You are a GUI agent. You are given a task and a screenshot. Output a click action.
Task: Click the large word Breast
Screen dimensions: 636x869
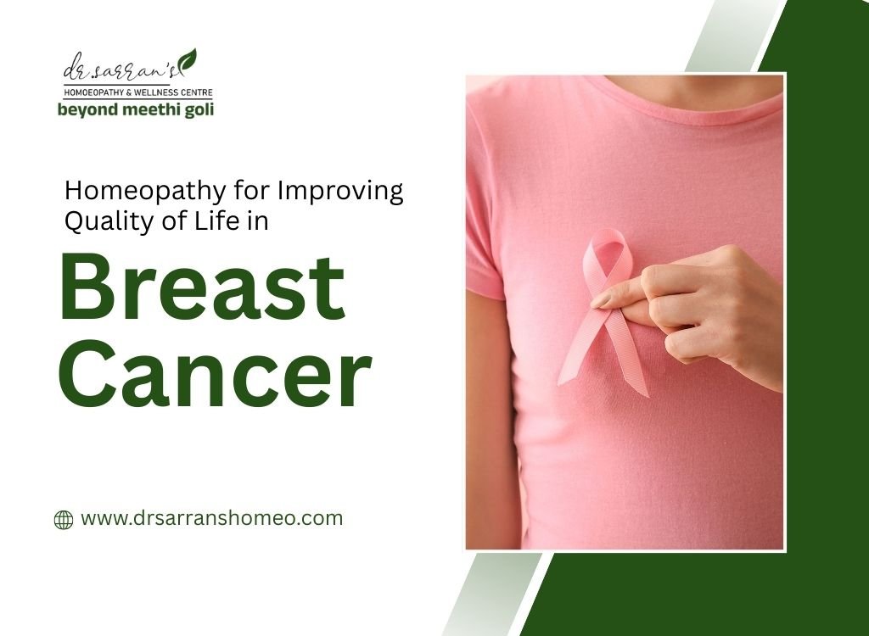(x=202, y=287)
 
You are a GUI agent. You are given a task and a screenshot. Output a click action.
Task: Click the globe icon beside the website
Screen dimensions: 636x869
(x=64, y=520)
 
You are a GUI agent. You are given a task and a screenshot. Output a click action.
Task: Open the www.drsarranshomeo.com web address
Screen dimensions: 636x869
(x=211, y=518)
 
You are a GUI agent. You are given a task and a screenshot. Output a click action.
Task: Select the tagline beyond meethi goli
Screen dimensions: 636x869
(x=135, y=109)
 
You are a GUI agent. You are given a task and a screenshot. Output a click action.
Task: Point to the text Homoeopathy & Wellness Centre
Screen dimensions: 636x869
(x=135, y=92)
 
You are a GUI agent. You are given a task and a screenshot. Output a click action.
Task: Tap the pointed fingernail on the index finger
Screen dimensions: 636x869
(x=602, y=300)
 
